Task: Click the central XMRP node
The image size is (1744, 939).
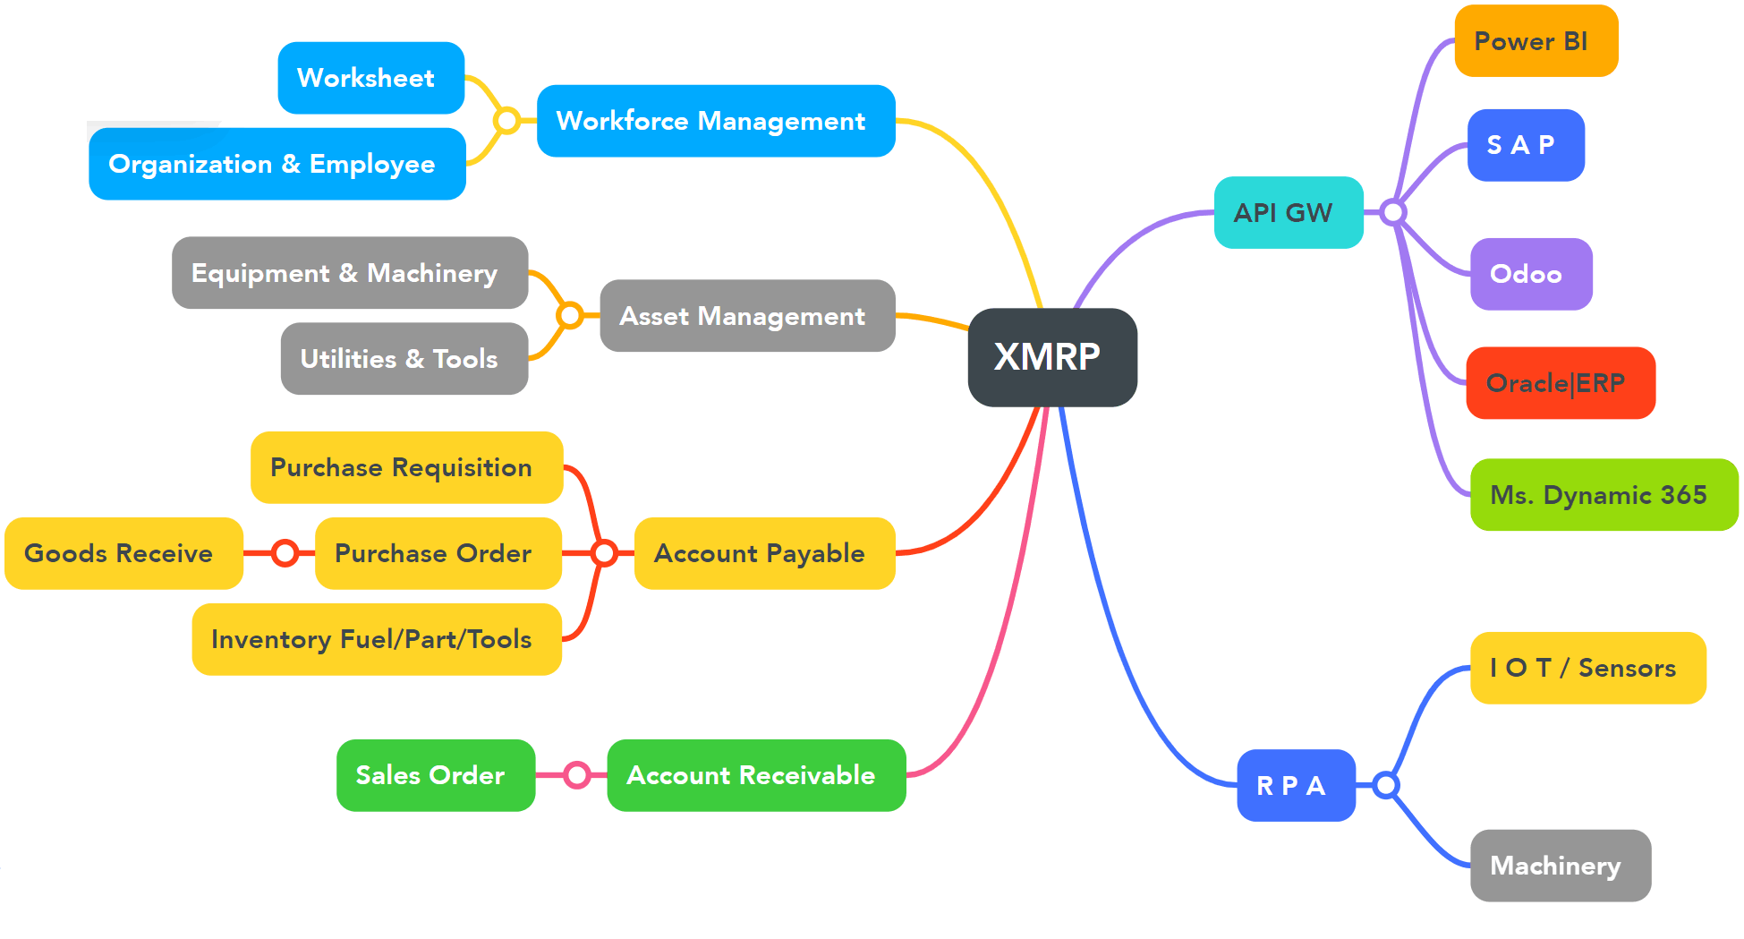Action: pos(1052,357)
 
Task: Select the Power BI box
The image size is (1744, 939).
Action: pos(1536,41)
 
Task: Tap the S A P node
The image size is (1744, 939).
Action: pos(1526,145)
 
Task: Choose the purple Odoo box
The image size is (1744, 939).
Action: pos(1531,274)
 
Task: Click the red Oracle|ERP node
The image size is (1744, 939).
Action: pos(1561,383)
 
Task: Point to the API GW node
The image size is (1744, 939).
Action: pos(1288,213)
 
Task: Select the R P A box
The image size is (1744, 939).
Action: pos(1296,786)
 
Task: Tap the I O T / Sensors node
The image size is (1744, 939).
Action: pos(1587,668)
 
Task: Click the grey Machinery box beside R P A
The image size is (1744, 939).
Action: pos(1560,866)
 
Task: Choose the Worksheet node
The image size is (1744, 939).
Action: pos(370,78)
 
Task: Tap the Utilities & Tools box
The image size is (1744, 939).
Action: pos(404,359)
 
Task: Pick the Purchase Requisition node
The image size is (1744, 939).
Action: pos(406,467)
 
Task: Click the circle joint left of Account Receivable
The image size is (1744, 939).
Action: pos(577,775)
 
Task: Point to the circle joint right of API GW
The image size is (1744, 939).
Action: pos(1392,212)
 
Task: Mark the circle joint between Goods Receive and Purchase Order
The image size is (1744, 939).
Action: pos(285,553)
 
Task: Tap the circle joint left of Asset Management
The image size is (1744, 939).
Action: pos(569,315)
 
